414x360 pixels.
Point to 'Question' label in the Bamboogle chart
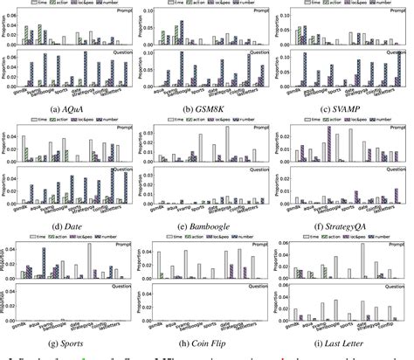[x=255, y=172]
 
